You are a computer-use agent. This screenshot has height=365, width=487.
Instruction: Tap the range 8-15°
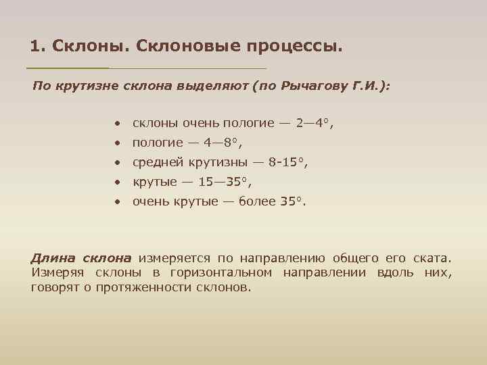287,162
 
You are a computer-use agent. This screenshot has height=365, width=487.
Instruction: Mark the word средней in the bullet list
156,162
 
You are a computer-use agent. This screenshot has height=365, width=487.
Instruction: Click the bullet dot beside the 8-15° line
118,163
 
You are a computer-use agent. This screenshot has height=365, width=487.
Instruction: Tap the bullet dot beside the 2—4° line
118,124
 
